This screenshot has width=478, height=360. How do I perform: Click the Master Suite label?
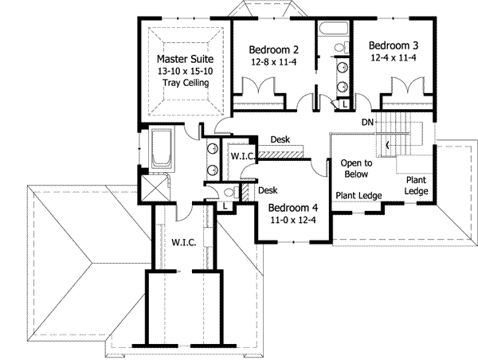tap(183, 59)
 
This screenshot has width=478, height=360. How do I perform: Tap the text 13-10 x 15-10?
tap(183, 71)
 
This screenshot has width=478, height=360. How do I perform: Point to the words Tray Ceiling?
tap(183, 83)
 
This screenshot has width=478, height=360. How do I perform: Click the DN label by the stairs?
tap(367, 122)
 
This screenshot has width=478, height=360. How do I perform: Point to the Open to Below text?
tap(355, 168)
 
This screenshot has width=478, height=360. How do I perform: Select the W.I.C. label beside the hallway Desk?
tap(242, 157)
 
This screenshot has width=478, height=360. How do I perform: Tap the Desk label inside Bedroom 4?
tap(268, 190)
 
